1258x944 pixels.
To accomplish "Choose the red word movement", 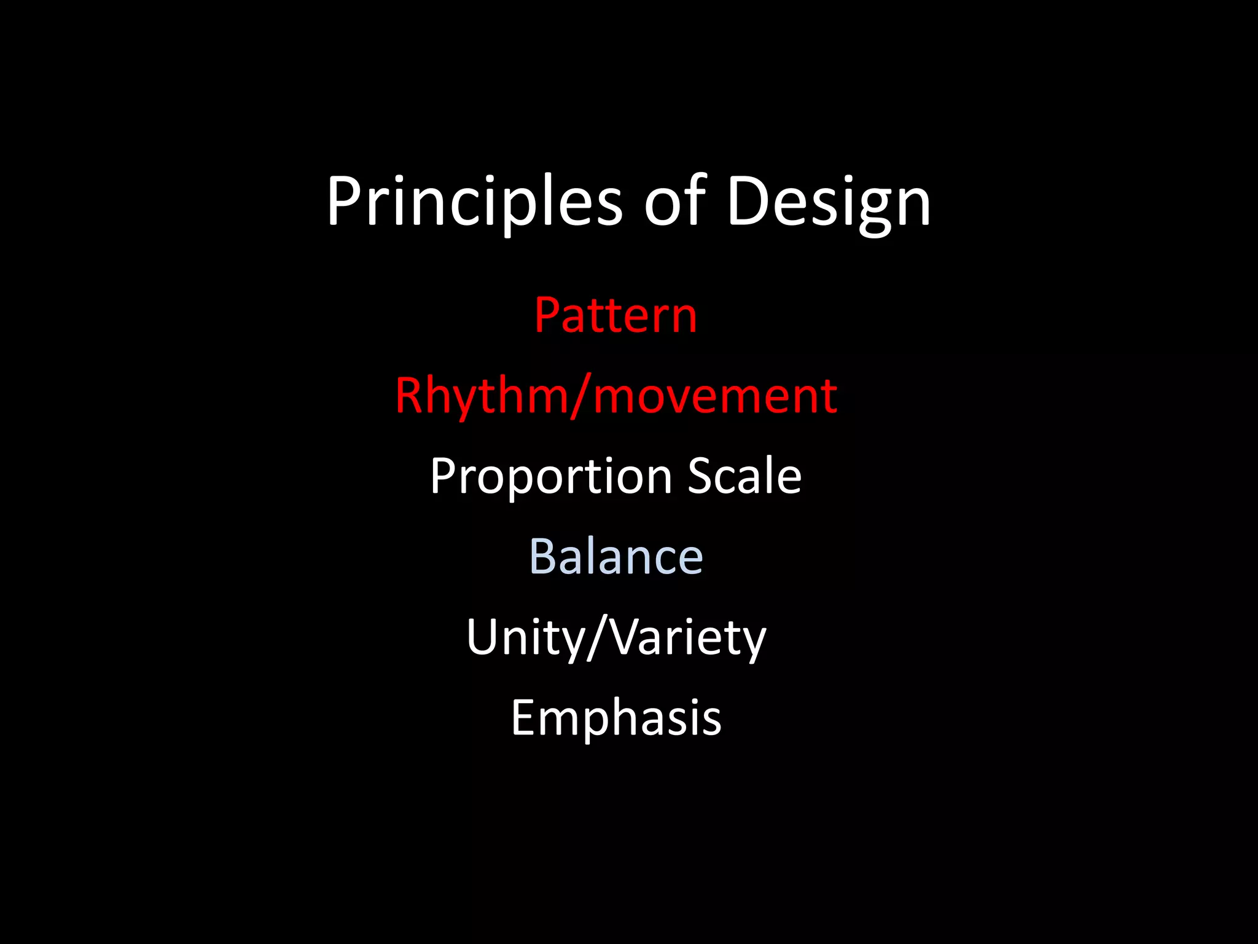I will point(715,396).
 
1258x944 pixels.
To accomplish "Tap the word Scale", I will point(744,476).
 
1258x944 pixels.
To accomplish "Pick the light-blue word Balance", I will point(615,557).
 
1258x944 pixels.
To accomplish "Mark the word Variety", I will point(689,638).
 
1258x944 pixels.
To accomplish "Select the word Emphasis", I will point(615,718).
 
